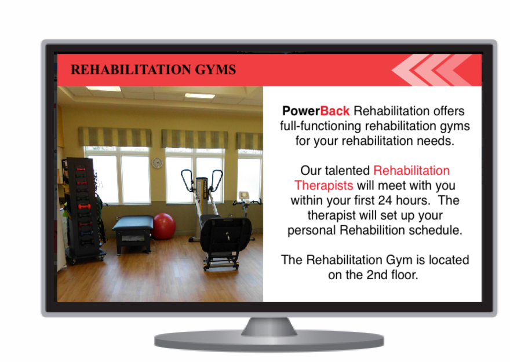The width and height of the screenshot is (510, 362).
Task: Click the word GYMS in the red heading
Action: tap(216, 70)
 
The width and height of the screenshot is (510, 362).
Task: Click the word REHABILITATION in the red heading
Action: tap(131, 70)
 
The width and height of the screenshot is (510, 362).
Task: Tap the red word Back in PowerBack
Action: tap(335, 111)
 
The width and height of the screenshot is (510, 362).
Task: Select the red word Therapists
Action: tap(323, 185)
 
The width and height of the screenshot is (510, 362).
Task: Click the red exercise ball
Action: tap(163, 226)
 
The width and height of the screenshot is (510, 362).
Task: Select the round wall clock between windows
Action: tap(157, 163)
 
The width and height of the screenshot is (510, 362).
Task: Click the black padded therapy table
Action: tap(133, 234)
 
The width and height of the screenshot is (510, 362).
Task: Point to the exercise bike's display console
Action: tap(244, 196)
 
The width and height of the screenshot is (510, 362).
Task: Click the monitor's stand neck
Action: tap(269, 327)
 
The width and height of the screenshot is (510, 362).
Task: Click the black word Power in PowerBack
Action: tap(301, 111)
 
